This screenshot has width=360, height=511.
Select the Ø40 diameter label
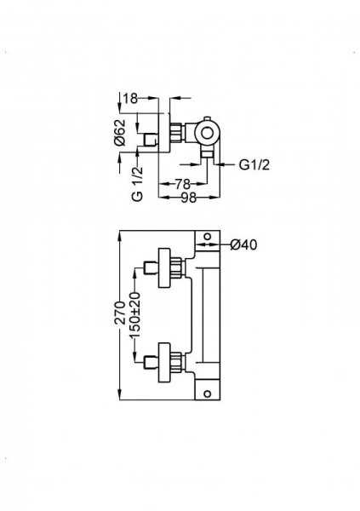pyautogui.click(x=244, y=245)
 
